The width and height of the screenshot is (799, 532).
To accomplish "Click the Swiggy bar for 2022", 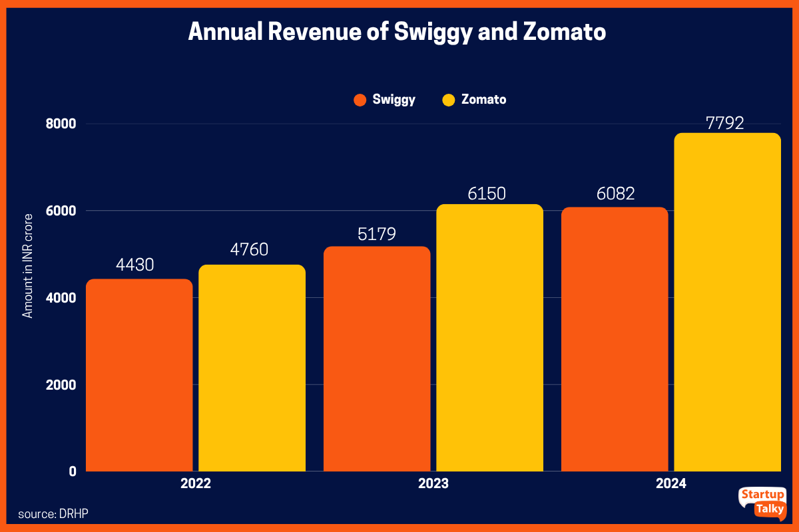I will [139, 376].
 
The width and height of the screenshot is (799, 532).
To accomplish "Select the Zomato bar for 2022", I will [252, 369].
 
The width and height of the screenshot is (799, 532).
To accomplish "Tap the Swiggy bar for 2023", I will [377, 359].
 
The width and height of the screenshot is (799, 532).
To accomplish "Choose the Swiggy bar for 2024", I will [614, 339].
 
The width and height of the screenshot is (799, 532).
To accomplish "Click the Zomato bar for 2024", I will [727, 303].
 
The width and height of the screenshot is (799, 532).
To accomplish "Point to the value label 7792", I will [727, 123].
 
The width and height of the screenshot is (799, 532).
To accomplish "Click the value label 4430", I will [135, 265].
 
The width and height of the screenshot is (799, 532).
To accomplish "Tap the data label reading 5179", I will [377, 234].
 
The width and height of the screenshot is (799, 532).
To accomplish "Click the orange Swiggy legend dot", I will [360, 100].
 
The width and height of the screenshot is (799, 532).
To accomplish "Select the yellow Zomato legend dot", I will [449, 100].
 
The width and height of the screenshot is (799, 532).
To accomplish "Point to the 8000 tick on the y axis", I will [61, 124].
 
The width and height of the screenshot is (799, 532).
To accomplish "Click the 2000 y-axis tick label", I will [61, 385].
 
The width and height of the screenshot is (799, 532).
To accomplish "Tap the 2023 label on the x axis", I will [433, 484].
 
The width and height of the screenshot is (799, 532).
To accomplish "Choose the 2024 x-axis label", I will [670, 484].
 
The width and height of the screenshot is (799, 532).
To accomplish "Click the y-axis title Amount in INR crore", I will [28, 266].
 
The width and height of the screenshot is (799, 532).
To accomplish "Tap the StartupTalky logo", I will [762, 503].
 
